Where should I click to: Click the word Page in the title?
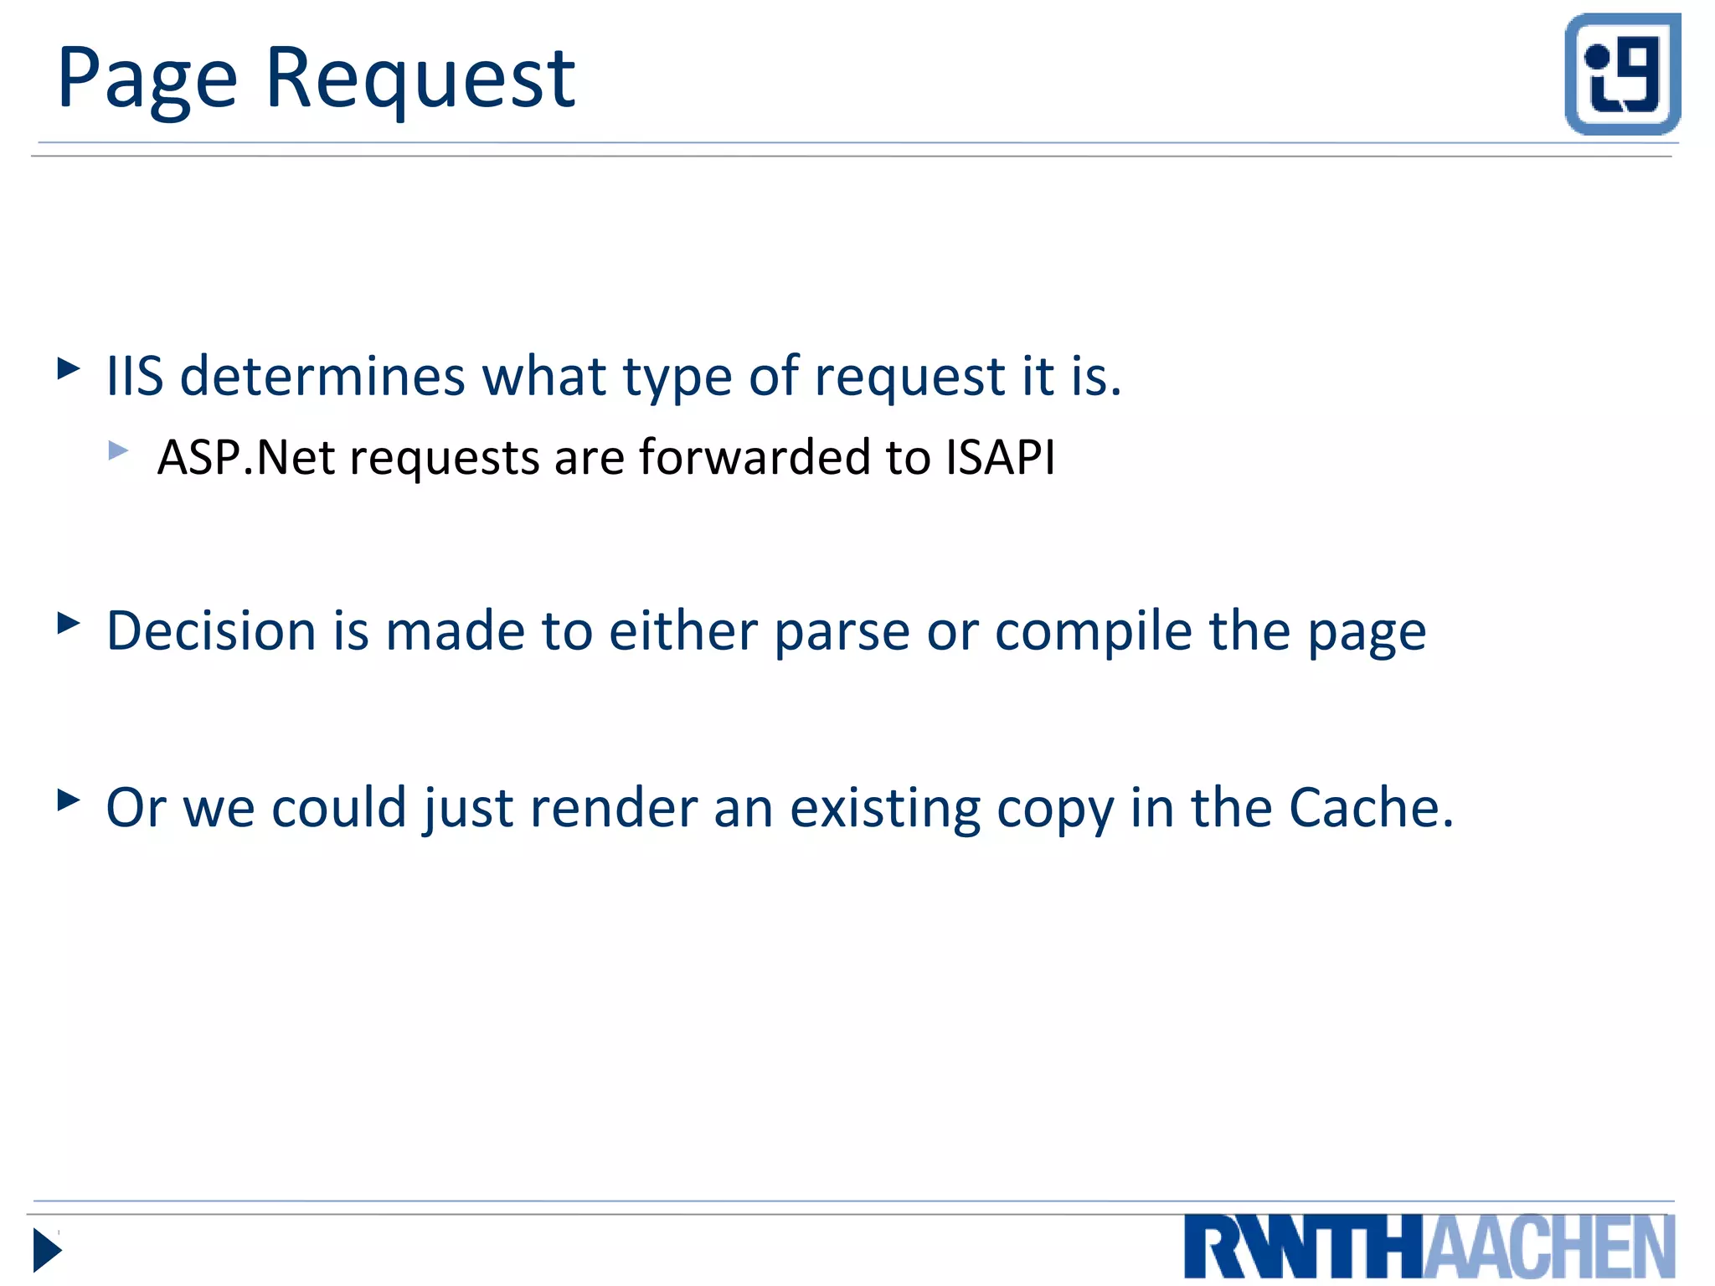tap(147, 80)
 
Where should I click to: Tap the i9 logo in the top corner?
tap(1622, 74)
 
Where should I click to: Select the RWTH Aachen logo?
tap(1429, 1247)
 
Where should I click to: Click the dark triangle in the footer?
tap(47, 1251)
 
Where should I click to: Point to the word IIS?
tap(135, 376)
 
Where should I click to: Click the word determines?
tap(322, 376)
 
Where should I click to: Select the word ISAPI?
tap(1000, 457)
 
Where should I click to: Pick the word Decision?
tap(212, 630)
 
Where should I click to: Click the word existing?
tap(885, 808)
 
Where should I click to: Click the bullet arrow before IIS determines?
tap(69, 368)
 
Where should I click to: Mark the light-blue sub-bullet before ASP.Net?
tap(119, 451)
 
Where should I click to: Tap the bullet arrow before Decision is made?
tap(69, 623)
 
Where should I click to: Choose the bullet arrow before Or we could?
tap(69, 800)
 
